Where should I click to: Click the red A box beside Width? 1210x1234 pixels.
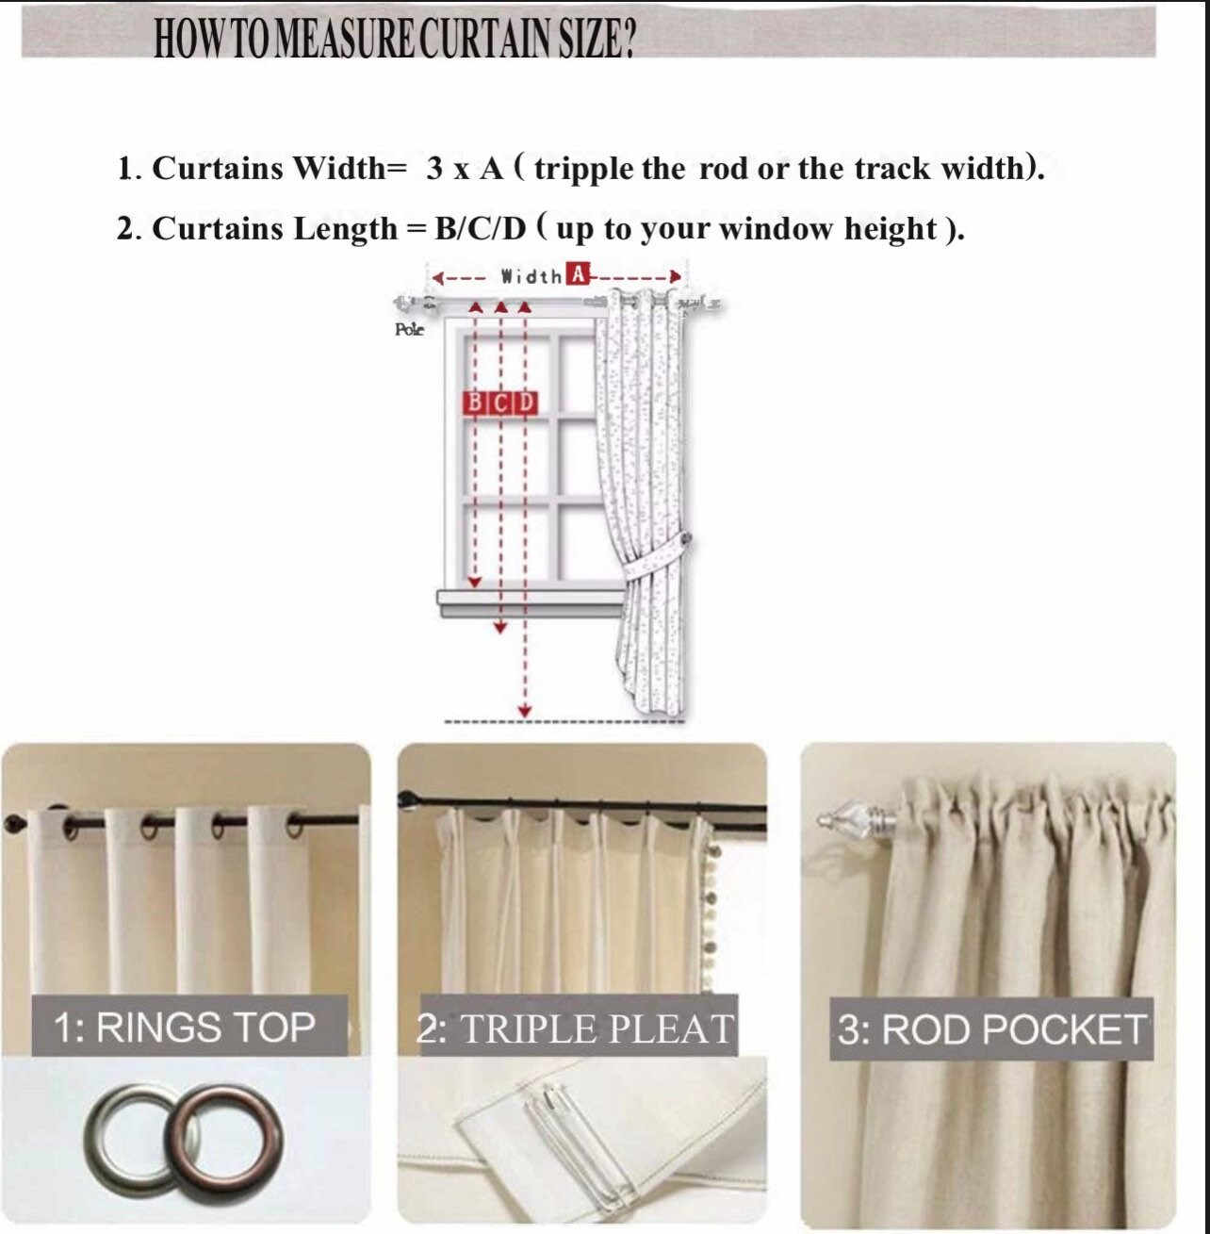pyautogui.click(x=577, y=275)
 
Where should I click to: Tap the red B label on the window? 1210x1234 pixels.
pyautogui.click(x=475, y=403)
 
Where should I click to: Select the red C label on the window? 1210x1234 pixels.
pyautogui.click(x=501, y=403)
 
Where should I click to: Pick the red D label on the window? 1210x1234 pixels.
pyautogui.click(x=526, y=403)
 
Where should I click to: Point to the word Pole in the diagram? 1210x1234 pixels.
pyautogui.click(x=409, y=329)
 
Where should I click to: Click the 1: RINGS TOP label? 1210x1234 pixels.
pyautogui.click(x=185, y=1027)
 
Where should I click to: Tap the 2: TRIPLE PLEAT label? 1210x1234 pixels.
pyautogui.click(x=575, y=1028)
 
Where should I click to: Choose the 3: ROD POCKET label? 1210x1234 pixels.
pyautogui.click(x=992, y=1029)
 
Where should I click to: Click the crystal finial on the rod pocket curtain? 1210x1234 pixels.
pyautogui.click(x=842, y=816)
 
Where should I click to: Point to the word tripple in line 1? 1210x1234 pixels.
pyautogui.click(x=584, y=169)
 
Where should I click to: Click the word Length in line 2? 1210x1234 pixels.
pyautogui.click(x=346, y=229)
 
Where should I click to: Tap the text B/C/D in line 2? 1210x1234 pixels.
pyautogui.click(x=481, y=229)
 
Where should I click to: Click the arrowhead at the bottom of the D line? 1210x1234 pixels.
pyautogui.click(x=526, y=710)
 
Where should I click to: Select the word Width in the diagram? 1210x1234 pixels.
pyautogui.click(x=531, y=276)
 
